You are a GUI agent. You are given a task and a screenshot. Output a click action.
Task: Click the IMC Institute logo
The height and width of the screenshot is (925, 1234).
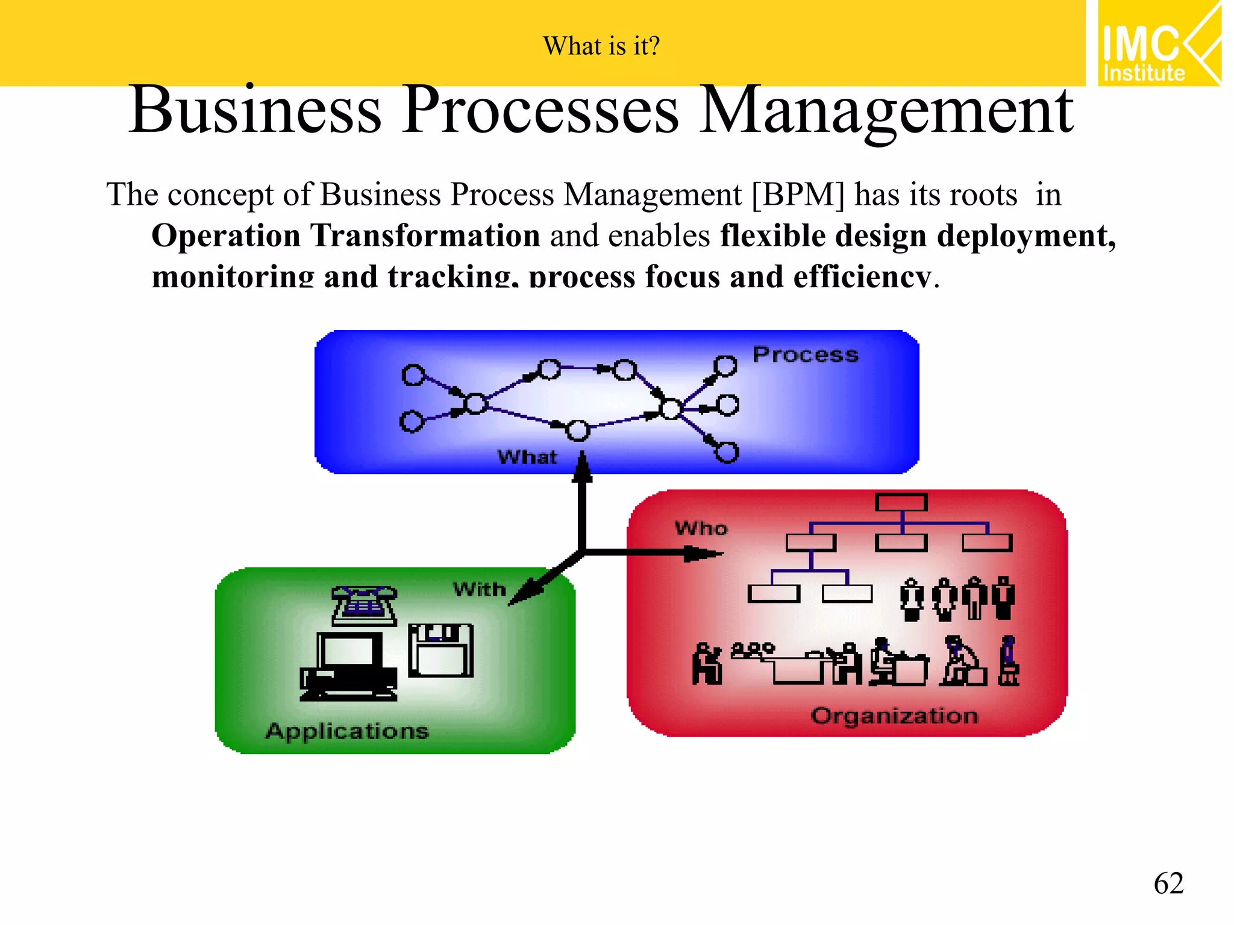point(1159,43)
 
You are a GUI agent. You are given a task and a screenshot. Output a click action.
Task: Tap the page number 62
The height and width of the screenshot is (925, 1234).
point(1168,883)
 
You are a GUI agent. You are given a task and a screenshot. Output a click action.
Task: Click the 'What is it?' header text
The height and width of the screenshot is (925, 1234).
point(601,46)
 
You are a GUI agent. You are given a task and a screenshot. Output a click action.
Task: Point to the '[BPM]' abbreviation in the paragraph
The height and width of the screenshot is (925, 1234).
point(798,195)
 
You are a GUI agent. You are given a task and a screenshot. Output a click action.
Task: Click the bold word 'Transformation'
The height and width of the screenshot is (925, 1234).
point(425,235)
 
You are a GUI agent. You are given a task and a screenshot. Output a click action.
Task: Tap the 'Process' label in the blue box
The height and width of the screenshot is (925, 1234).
point(805,355)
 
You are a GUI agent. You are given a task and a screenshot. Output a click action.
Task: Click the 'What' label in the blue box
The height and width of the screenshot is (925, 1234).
point(527,457)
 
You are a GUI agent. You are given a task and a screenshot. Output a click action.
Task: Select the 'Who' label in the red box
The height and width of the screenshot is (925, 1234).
point(701,529)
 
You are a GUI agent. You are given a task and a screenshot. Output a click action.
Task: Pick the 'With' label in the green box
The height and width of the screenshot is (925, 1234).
point(480,589)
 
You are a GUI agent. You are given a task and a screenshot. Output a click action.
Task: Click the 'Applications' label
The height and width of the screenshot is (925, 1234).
point(347,731)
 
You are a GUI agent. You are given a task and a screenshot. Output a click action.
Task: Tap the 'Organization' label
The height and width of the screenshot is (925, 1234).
point(894,716)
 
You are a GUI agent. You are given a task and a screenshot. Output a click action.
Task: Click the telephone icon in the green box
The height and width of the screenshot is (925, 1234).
point(364,605)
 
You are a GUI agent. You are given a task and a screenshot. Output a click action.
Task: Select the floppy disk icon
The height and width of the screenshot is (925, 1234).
point(440,650)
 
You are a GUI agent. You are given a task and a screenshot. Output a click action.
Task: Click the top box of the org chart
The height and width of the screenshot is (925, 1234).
point(901,502)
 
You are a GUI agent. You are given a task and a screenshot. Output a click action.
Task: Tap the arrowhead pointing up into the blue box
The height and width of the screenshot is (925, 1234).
point(582,467)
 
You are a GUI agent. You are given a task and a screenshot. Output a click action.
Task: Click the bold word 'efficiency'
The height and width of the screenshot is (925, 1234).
point(862,277)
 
